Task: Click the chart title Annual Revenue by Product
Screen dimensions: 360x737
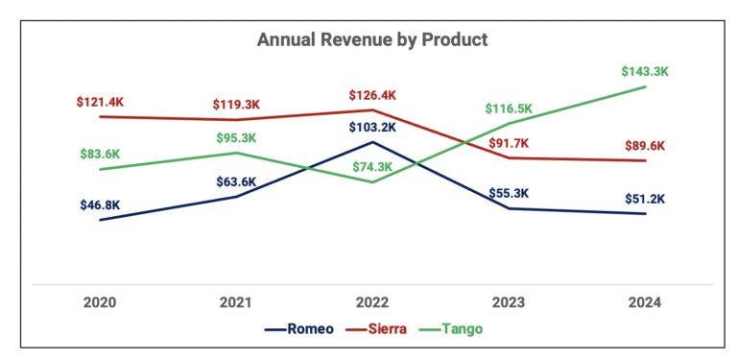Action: [x=372, y=40]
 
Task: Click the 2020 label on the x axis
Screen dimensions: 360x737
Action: [x=100, y=301]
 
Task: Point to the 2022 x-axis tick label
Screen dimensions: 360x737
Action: [x=372, y=301]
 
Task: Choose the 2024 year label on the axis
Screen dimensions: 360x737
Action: [x=644, y=301]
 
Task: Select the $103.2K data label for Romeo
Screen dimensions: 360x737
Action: [x=372, y=127]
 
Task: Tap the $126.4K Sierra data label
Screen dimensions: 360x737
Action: [x=372, y=95]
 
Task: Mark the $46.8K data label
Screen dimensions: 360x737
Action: [x=100, y=204]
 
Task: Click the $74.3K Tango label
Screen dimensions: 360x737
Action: [x=372, y=166]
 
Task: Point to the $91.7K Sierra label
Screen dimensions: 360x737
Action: [x=509, y=143]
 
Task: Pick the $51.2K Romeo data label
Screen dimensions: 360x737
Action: [x=644, y=199]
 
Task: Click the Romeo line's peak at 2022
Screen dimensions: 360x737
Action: [x=372, y=142]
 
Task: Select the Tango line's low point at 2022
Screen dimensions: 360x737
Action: [x=372, y=182]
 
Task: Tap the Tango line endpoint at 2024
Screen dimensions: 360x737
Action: [x=644, y=86]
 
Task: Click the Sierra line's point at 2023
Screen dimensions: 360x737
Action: [x=509, y=157]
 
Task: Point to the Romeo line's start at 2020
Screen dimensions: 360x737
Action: [x=100, y=220]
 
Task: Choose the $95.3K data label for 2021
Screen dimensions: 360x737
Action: [x=236, y=137]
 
